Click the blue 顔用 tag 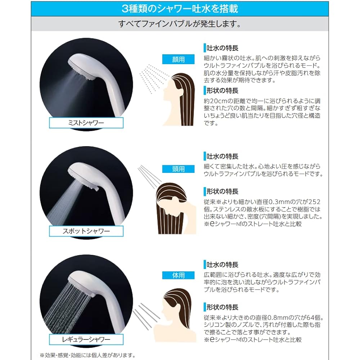[x=178, y=60]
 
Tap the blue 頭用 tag [x=178, y=169]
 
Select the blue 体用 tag [x=178, y=275]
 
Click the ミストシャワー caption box [x=86, y=123]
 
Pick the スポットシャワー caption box [x=86, y=231]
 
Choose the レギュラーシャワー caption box [x=86, y=339]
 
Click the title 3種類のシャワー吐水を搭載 [x=180, y=8]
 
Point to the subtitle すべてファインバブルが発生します [x=180, y=24]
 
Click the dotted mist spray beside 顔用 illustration [x=153, y=76]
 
